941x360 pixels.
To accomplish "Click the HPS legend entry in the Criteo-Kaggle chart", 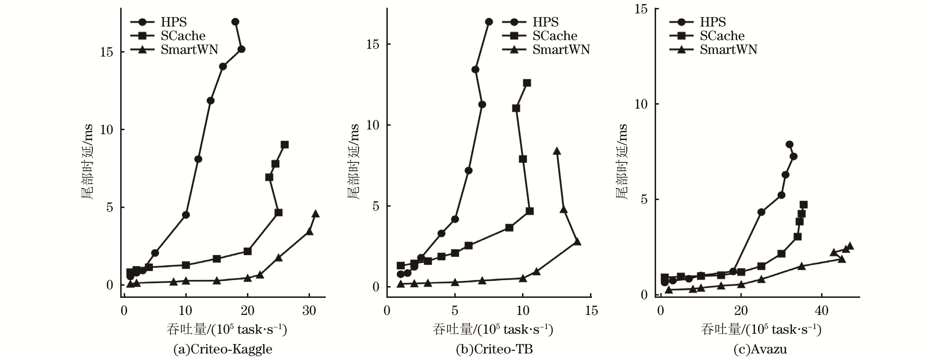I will click(x=174, y=22).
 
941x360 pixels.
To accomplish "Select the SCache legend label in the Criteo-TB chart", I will click(x=555, y=36).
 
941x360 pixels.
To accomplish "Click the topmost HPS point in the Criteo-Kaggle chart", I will click(x=235, y=22).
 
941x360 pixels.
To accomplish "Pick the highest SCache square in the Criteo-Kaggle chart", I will click(x=284, y=145).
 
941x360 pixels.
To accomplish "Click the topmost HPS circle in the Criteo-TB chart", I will click(x=489, y=22).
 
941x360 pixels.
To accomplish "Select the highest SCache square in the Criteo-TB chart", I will click(x=527, y=83).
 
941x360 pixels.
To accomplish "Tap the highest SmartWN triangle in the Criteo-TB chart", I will click(x=557, y=151).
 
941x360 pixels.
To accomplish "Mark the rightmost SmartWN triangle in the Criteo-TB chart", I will click(x=577, y=242).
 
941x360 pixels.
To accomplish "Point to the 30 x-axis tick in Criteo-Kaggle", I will click(x=309, y=311).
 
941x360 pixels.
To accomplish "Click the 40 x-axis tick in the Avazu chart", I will click(x=822, y=311).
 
